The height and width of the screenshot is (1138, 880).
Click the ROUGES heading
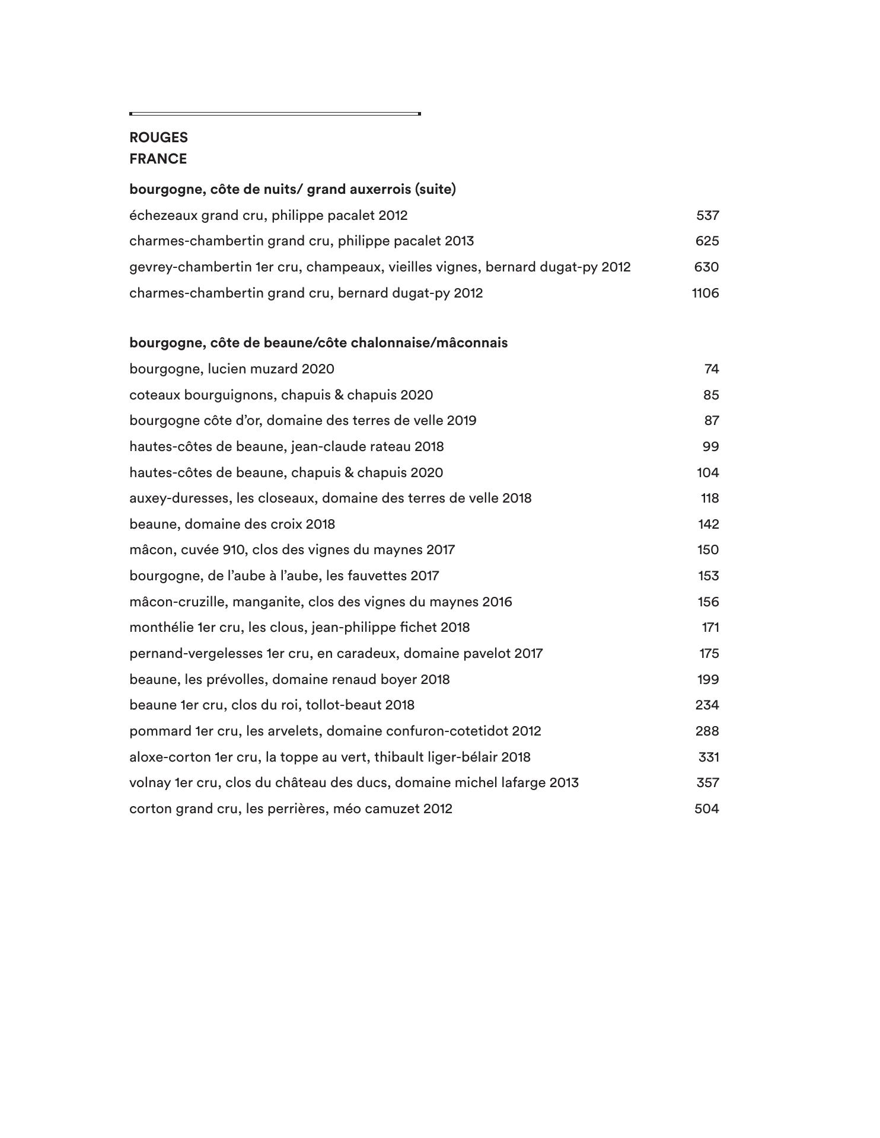158,138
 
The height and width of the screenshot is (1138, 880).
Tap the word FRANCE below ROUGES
158,159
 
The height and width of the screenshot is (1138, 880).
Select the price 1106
705,293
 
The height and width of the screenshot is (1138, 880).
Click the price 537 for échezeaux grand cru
707,215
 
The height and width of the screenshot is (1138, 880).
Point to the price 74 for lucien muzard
712,369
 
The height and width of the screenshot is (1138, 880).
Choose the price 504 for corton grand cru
706,808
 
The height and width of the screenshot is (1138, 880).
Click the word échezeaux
163,215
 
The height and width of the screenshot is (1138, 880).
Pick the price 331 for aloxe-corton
709,757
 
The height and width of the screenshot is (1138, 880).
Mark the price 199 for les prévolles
708,679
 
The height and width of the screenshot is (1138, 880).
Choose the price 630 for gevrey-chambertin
706,267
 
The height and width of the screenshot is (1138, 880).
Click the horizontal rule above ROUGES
275,113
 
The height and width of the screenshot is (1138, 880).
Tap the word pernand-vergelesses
196,653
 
